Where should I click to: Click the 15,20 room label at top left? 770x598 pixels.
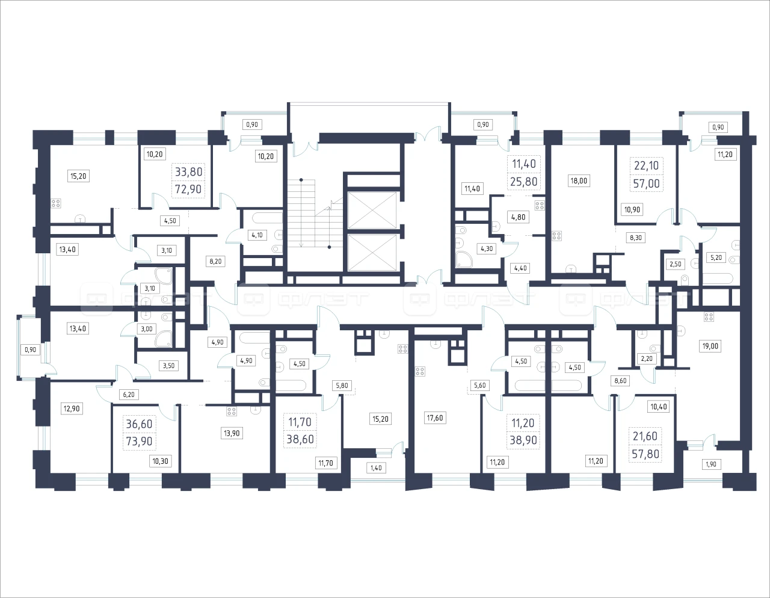(78, 176)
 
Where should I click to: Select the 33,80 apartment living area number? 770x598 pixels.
(188, 172)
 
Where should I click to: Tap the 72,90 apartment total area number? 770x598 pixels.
(188, 189)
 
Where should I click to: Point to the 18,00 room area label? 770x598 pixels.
(578, 181)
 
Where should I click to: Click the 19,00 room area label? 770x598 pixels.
(710, 346)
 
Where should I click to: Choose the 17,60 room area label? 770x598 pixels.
(434, 418)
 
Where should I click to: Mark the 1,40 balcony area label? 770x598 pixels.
(376, 467)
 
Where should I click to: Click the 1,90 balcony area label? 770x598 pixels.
(711, 464)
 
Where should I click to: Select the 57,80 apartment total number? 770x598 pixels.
(645, 454)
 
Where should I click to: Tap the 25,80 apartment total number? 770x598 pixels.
(524, 182)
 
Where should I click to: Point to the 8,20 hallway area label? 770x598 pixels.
(215, 262)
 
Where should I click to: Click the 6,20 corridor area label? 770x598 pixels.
(129, 394)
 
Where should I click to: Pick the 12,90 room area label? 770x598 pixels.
(71, 408)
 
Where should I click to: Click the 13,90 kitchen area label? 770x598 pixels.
(232, 433)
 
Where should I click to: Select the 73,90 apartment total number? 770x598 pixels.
(139, 441)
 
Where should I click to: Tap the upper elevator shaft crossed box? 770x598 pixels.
(372, 210)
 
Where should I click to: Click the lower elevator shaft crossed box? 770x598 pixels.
(372, 252)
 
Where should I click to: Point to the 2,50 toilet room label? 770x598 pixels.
(675, 264)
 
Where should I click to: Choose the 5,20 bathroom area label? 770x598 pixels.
(716, 257)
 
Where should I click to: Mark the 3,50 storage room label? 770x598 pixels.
(168, 366)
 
